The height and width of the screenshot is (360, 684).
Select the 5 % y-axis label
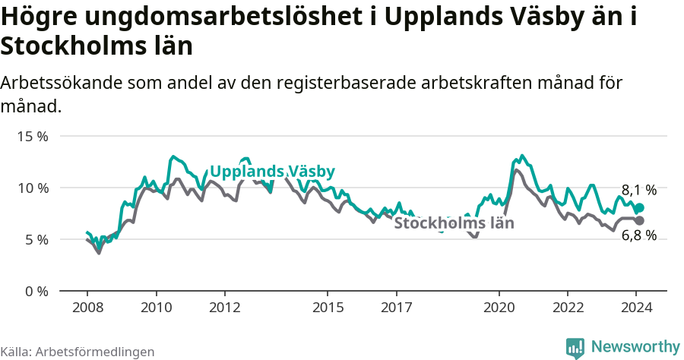pos(35,239)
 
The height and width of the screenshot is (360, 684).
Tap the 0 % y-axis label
pos(35,291)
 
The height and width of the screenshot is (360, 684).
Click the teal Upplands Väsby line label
pos(272,172)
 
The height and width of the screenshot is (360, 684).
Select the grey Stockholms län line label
pos(454,223)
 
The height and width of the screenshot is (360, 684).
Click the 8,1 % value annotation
pos(638,191)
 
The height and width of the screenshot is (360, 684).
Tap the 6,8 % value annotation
pos(638,235)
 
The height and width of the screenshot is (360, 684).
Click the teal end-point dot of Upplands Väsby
pos(639,207)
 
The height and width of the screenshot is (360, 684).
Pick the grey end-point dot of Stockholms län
pos(639,220)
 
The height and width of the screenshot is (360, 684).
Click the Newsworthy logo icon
pos(575,347)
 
